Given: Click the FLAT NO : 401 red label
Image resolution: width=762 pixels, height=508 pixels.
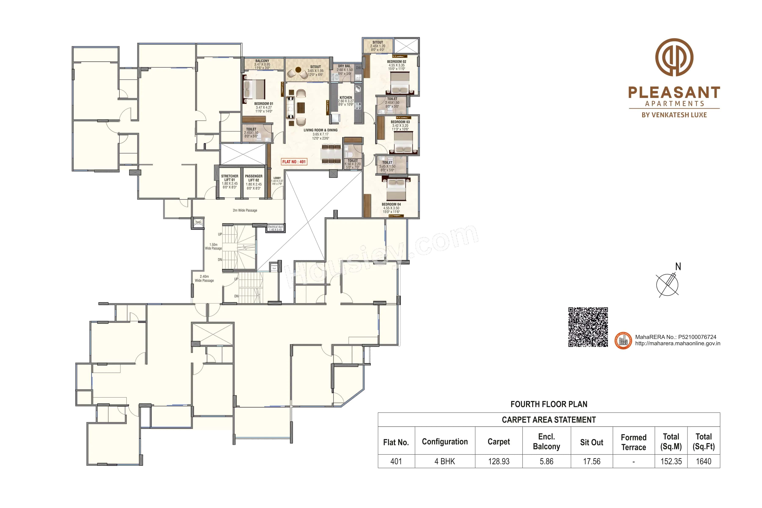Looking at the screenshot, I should (x=294, y=162).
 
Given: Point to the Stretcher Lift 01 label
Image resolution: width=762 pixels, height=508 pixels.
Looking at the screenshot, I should (x=229, y=178).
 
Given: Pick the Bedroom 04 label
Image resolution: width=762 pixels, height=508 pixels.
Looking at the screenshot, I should (x=391, y=204).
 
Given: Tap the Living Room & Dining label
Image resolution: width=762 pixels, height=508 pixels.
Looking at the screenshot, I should (x=320, y=130).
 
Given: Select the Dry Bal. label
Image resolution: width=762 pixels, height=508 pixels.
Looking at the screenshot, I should (x=344, y=66).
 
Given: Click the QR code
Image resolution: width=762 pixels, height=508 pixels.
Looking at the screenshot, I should (x=588, y=327).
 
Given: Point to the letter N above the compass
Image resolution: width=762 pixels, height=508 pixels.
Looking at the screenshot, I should (x=678, y=267).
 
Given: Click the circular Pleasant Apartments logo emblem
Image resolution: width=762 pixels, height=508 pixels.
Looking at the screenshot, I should (x=674, y=57).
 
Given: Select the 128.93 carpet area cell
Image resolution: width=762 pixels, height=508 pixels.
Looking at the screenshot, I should (x=499, y=461).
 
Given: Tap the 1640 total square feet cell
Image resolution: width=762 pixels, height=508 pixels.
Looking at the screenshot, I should (x=703, y=461).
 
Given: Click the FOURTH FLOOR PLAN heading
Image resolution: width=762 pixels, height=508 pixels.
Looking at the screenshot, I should (x=549, y=404).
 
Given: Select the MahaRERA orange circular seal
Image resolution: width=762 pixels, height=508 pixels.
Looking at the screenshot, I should (x=623, y=341).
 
